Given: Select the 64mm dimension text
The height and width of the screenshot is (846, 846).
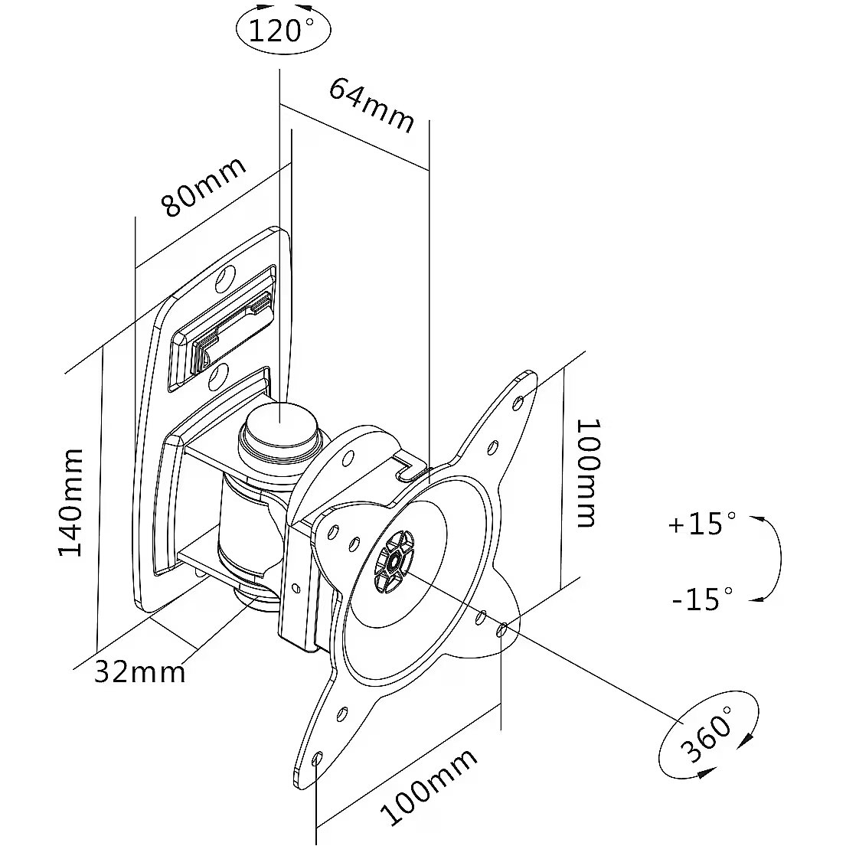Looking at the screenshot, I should click(x=372, y=106).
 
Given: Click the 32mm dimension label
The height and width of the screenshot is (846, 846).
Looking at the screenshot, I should click(x=140, y=672).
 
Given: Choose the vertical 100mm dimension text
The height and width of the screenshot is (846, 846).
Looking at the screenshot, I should click(x=586, y=472).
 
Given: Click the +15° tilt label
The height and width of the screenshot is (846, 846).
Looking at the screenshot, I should click(x=701, y=524).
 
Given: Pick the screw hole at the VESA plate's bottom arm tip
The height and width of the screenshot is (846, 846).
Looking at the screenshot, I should click(x=318, y=759).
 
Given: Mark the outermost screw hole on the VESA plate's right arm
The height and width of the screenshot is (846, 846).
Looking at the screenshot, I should click(x=502, y=629).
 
